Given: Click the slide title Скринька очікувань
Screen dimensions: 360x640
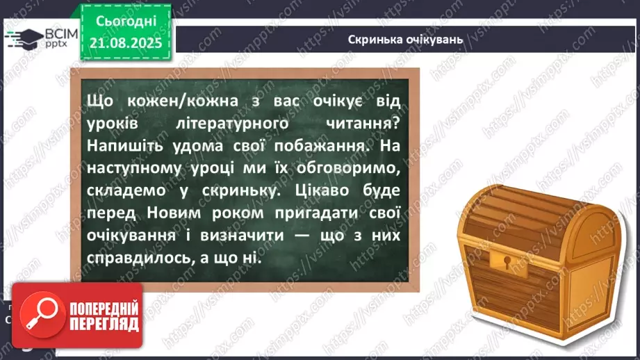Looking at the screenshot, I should point(404,39).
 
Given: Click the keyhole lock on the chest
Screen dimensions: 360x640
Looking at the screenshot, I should point(506,261).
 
